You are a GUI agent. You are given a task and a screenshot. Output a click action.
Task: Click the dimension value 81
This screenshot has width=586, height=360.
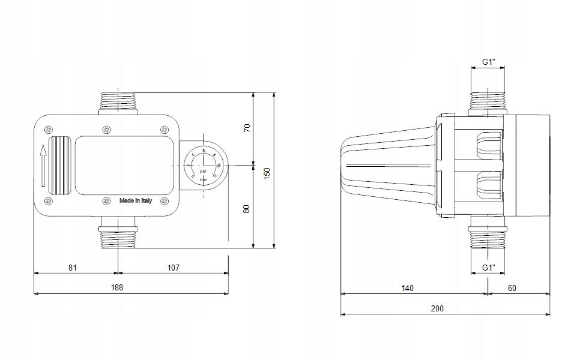tap(72, 267)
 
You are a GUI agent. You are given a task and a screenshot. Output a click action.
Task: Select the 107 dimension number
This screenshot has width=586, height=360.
tap(173, 267)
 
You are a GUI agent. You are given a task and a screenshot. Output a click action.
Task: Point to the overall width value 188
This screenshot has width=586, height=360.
tap(117, 287)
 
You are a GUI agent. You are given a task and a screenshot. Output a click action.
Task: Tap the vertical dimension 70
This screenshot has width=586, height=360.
tap(247, 128)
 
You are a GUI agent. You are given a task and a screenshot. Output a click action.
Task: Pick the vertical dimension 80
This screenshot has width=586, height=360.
tap(247, 208)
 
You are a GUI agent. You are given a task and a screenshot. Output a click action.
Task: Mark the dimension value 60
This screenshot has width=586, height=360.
tap(512, 288)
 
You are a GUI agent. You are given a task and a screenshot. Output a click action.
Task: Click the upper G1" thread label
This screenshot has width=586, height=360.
tap(489, 62)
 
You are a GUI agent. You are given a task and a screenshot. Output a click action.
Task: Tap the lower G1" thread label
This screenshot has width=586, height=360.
tap(489, 267)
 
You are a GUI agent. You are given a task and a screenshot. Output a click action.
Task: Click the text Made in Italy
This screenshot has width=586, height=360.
tap(136, 200)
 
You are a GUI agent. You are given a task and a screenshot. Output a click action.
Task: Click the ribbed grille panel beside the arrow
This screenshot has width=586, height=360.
tap(59, 166)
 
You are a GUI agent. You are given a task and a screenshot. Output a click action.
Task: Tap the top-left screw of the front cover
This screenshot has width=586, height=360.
tap(49, 128)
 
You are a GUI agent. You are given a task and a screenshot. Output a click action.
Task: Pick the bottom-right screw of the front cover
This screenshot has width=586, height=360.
tap(164, 201)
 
